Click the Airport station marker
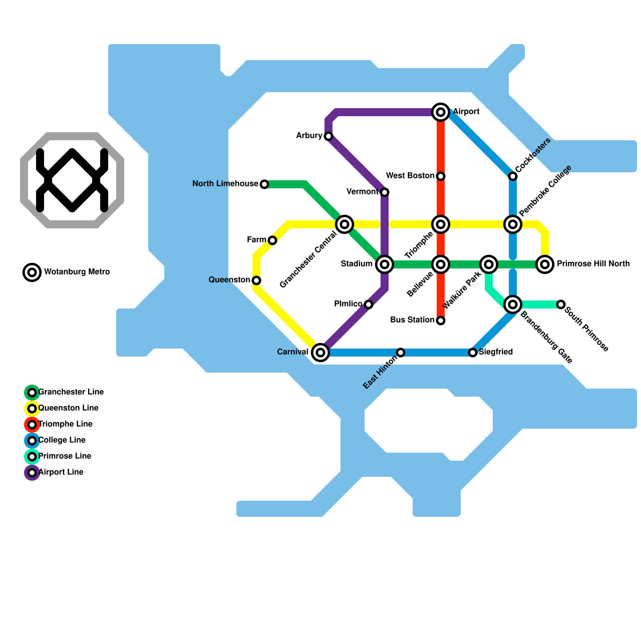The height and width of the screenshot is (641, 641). pyautogui.click(x=441, y=112)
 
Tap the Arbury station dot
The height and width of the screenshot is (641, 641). pyautogui.click(x=329, y=136)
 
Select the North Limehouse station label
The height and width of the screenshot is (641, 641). pyautogui.click(x=225, y=184)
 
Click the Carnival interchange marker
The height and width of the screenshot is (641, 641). pyautogui.click(x=320, y=353)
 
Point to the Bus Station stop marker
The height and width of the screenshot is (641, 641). pyautogui.click(x=441, y=320)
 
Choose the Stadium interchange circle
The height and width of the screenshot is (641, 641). pyautogui.click(x=385, y=264)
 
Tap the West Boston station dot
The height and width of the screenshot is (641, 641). pyautogui.click(x=441, y=176)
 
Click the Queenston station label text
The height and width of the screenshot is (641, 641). pyautogui.click(x=229, y=280)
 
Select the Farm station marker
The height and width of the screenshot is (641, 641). pyautogui.click(x=272, y=240)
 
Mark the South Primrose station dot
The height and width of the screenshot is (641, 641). pyautogui.click(x=561, y=304)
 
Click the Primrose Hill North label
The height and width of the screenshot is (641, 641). pyautogui.click(x=593, y=264)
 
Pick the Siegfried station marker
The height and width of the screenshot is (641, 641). pyautogui.click(x=473, y=353)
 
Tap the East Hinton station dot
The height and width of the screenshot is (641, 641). pyautogui.click(x=401, y=353)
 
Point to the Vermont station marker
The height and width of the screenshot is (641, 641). pyautogui.click(x=385, y=192)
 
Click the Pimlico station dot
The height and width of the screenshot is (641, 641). pyautogui.click(x=369, y=304)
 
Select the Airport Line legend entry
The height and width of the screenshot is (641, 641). pyautogui.click(x=60, y=472)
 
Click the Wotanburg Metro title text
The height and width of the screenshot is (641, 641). pyautogui.click(x=77, y=272)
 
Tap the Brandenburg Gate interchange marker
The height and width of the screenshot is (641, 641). pyautogui.click(x=513, y=304)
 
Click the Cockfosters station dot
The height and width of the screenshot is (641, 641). pyautogui.click(x=513, y=176)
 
